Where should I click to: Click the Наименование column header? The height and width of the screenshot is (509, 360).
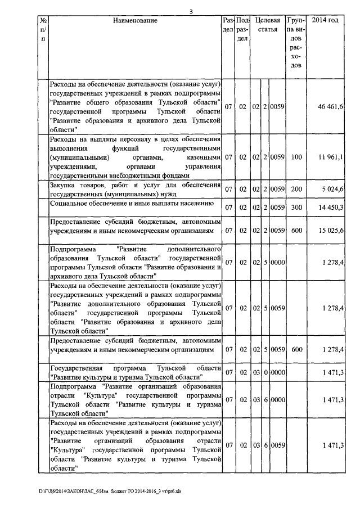coord(135,21)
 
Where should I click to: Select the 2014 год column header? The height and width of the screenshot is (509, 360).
coord(325,21)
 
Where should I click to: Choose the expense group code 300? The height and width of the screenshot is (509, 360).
coord(296,208)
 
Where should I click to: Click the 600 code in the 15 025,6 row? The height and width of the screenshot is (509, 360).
coord(296,231)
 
